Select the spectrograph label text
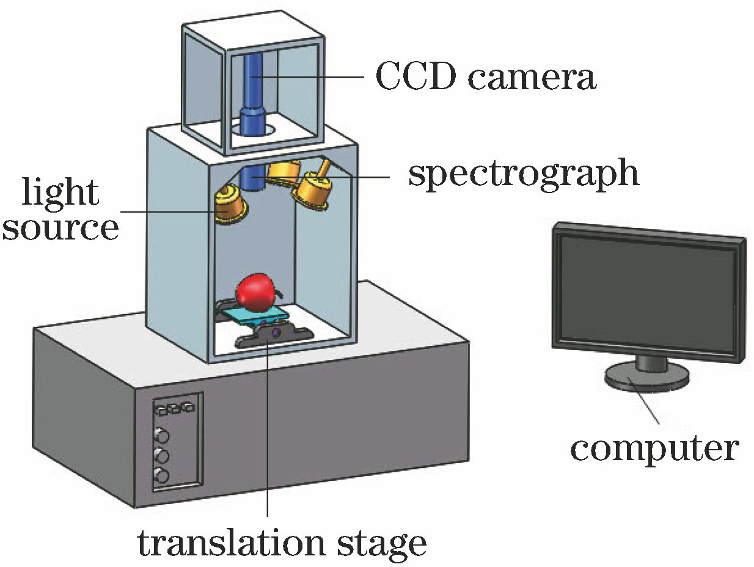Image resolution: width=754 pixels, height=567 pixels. [x=523, y=174]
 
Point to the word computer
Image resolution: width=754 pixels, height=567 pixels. [x=654, y=449]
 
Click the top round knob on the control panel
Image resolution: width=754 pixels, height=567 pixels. [x=163, y=434]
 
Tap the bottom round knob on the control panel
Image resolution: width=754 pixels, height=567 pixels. [x=162, y=475]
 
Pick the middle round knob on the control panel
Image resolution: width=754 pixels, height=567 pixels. [x=162, y=455]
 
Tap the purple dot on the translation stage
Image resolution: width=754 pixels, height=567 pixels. [x=276, y=333]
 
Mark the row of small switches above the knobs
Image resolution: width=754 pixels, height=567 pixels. [x=174, y=408]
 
